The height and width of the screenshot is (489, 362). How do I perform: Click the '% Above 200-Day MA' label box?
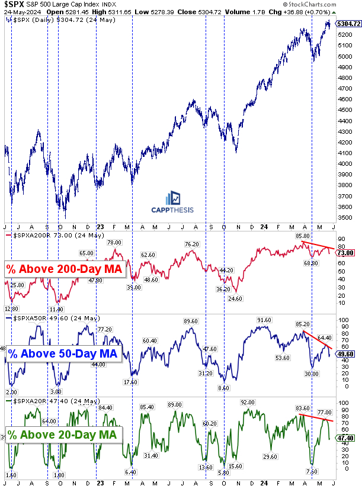[65, 270]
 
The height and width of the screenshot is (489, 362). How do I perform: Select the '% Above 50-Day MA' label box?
[63, 354]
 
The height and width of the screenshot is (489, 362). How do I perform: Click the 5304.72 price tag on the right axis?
[348, 24]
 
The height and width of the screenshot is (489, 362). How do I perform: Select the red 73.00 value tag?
[346, 253]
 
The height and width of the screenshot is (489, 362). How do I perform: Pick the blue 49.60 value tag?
[346, 355]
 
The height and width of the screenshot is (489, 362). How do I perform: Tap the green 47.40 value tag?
[346, 439]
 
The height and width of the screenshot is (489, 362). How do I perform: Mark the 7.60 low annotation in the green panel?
[312, 472]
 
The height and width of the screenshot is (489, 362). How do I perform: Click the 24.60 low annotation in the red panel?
[236, 298]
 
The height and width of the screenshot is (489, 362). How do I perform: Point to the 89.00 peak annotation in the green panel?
[174, 404]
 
